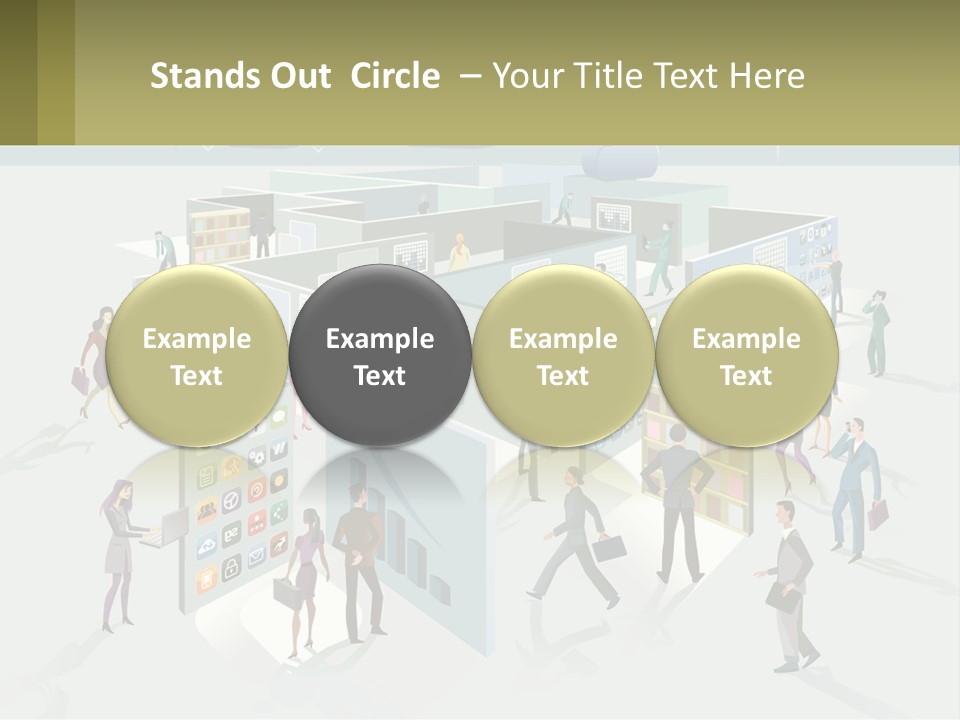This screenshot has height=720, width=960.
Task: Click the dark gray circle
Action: (380, 356)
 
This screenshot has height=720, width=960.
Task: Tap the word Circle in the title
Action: (395, 76)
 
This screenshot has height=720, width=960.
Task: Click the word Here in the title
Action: (767, 76)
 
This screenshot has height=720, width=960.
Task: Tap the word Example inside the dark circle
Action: (380, 339)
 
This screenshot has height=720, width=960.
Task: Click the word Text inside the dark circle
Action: (380, 376)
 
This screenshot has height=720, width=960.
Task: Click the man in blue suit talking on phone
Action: (855, 480)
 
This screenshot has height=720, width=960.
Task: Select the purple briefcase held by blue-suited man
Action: (878, 514)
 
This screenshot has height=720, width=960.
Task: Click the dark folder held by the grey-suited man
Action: (782, 597)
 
